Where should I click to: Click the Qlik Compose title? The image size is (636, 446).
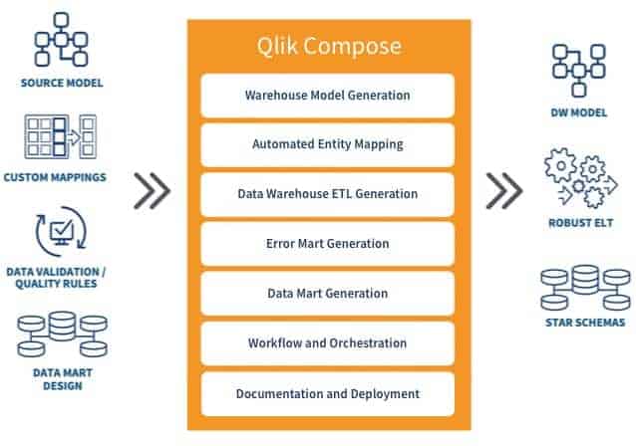329,46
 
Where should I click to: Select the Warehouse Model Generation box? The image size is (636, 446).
327,96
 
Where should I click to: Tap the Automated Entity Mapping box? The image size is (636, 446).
327,144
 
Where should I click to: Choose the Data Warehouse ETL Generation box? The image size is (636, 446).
327,194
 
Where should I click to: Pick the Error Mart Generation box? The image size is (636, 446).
327,244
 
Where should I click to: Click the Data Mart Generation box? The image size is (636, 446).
327,294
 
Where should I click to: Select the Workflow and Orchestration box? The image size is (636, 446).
327,343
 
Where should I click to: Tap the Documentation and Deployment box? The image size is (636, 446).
327,394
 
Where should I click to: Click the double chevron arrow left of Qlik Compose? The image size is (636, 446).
153,191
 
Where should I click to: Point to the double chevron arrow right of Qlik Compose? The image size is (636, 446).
504,191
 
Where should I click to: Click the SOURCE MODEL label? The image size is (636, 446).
62,83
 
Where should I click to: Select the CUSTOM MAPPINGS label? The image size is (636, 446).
55,177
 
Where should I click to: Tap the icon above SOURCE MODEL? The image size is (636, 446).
61,39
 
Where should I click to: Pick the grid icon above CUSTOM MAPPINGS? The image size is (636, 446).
61,136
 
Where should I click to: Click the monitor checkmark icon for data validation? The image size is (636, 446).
61,231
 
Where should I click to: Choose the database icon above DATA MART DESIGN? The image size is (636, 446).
62,334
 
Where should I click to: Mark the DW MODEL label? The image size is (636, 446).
579,112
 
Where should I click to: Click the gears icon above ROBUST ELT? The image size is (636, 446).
580,178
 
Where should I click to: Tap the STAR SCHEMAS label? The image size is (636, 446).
585,323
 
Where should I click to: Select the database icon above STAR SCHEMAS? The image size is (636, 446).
585,288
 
